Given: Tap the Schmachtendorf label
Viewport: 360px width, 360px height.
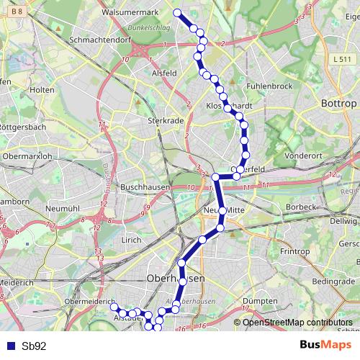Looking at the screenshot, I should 94,41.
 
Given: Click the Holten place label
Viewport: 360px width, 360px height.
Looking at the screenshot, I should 43,90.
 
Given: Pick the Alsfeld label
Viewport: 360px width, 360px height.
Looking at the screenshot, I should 165,73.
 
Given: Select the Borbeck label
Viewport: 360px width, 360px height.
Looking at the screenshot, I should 301,207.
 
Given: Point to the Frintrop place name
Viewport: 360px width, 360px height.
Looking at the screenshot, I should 294,251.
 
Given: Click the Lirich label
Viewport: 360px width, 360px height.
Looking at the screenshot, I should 131,239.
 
